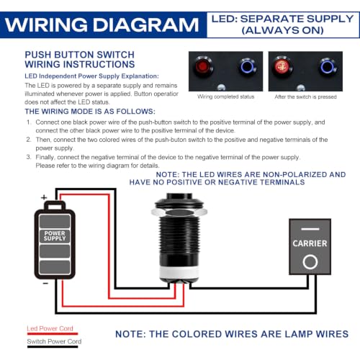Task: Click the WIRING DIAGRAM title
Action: pyautogui.click(x=102, y=24)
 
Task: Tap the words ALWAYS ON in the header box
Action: pyautogui.click(x=283, y=30)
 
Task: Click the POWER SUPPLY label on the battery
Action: pyautogui.click(x=55, y=235)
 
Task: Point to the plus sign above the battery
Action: pyautogui.click(x=44, y=197)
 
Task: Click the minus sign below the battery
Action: pyautogui.click(x=45, y=284)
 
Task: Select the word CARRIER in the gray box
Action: pyautogui.click(x=310, y=243)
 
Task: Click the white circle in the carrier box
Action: pyautogui.click(x=310, y=262)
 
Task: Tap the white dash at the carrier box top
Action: pyautogui.click(x=310, y=229)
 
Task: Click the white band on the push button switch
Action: pyautogui.click(x=179, y=271)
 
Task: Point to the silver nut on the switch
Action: pyautogui.click(x=179, y=212)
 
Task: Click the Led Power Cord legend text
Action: pyautogui.click(x=50, y=328)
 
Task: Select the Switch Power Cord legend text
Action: pyautogui.click(x=54, y=341)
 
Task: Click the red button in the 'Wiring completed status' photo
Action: pyautogui.click(x=203, y=66)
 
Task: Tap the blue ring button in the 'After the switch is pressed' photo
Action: pyautogui.click(x=327, y=66)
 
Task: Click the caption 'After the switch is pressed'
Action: pyautogui.click(x=305, y=96)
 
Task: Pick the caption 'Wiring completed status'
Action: pyautogui.click(x=225, y=96)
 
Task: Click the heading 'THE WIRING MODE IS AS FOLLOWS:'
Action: pyautogui.click(x=90, y=112)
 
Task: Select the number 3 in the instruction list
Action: pyautogui.click(x=29, y=157)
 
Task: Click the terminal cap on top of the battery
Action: pyautogui.click(x=55, y=205)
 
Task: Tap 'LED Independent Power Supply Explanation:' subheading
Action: pyautogui.click(x=91, y=76)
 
